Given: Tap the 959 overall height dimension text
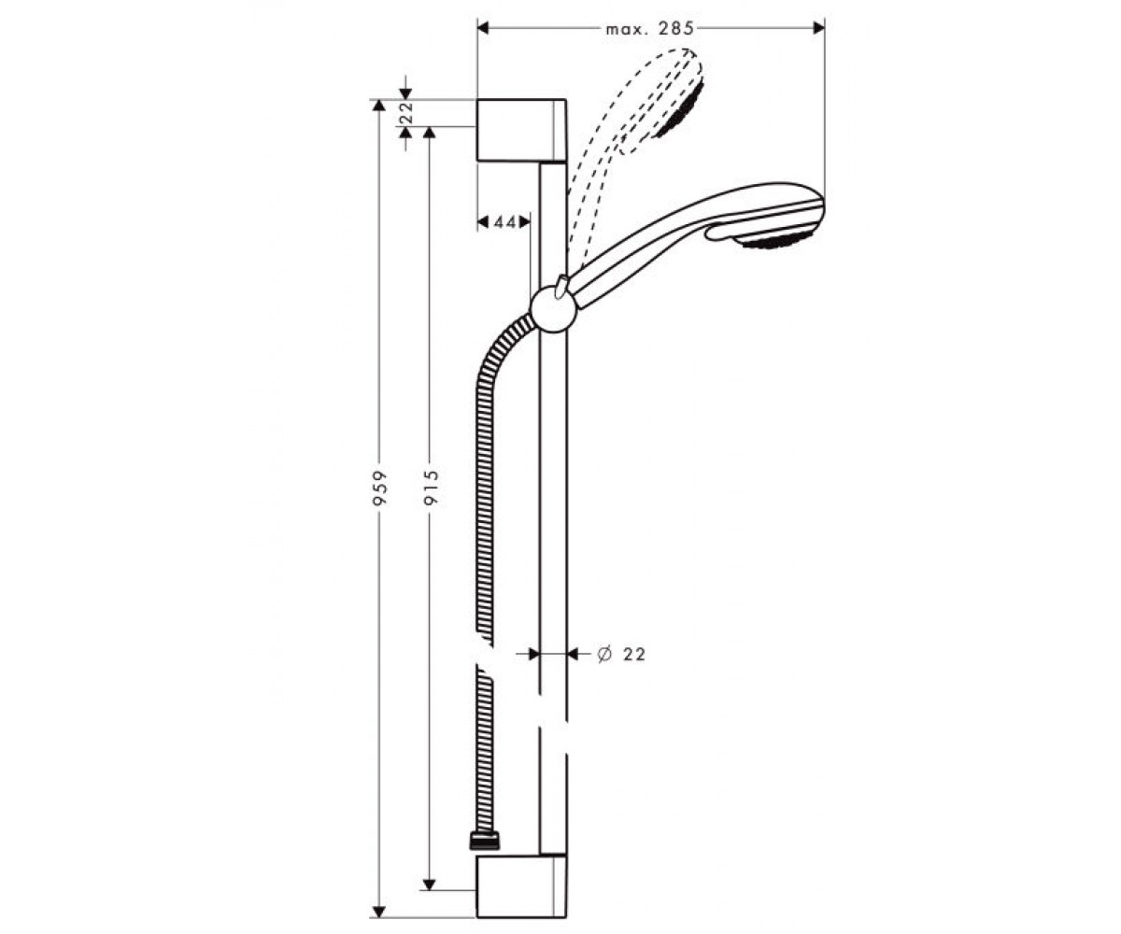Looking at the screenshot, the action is pyautogui.click(x=380, y=488).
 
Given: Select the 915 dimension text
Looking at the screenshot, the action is pyautogui.click(x=431, y=487).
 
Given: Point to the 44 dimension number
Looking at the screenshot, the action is pyautogui.click(x=505, y=221).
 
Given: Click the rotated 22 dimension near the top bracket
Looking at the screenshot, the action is pyautogui.click(x=407, y=113).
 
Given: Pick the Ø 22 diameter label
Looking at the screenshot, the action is pyautogui.click(x=621, y=654).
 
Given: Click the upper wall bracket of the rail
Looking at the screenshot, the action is pyautogui.click(x=520, y=130).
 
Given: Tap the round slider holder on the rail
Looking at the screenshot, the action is pyautogui.click(x=554, y=310).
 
